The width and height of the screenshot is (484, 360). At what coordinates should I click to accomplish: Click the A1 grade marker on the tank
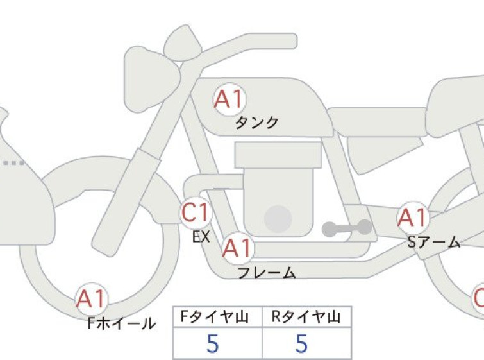pos(230,99)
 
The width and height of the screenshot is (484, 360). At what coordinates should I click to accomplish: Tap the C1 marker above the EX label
pos(196,212)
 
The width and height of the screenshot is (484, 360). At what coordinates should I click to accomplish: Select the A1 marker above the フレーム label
pos(238,248)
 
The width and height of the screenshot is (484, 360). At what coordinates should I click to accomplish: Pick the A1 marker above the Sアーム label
pos(413,218)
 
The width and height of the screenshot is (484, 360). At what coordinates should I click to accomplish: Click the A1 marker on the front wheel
pos(92,299)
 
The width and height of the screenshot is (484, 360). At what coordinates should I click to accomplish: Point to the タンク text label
pos(257,123)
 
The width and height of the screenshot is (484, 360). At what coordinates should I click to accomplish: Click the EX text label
pos(201,237)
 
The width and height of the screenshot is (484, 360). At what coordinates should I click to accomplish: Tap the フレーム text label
pos(267,273)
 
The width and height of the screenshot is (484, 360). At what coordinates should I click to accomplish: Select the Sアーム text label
pos(434,242)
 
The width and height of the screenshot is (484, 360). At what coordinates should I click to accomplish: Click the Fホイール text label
pos(121,323)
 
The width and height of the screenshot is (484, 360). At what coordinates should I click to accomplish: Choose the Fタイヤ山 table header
pos(214,317)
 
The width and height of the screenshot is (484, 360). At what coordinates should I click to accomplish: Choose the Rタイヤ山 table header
pos(306,317)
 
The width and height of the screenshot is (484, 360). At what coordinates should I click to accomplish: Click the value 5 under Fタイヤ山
pos(213,343)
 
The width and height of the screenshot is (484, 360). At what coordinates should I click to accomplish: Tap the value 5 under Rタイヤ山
pos(302,343)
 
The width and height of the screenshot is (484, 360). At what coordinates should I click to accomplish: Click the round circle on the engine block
pos(278,219)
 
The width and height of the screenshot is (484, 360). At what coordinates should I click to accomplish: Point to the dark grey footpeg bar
pos(347,228)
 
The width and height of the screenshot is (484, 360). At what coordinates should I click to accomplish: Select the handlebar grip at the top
pos(272,41)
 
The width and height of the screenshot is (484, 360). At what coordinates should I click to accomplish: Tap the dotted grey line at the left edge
pos(13,163)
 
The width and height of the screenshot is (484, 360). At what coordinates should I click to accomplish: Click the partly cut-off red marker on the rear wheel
pos(478,299)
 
